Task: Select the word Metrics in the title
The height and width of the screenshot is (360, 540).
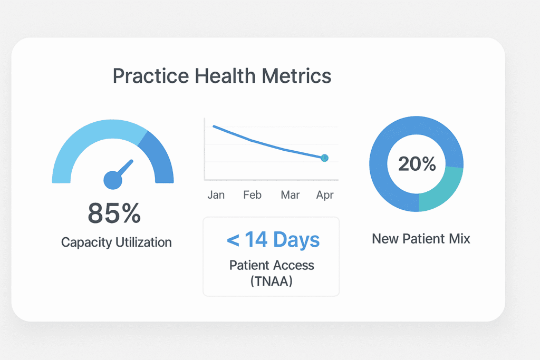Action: (299, 76)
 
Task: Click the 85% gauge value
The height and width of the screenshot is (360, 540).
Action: (114, 213)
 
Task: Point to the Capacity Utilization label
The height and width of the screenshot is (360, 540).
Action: (116, 242)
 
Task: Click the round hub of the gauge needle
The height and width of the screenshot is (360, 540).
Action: (113, 180)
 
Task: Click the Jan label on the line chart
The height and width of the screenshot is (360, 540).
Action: (216, 195)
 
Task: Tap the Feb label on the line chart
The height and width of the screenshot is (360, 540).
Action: (252, 195)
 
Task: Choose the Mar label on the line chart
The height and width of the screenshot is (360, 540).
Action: (290, 195)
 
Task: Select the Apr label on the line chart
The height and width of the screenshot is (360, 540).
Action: (325, 195)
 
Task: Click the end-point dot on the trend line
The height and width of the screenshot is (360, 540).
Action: (324, 158)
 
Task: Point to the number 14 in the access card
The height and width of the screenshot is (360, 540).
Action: (256, 240)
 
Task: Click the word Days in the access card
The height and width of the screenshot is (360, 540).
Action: (296, 240)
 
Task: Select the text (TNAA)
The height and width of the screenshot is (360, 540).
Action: (272, 281)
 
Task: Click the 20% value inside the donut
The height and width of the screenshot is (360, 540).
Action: (417, 164)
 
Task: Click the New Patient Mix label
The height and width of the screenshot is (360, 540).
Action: (421, 239)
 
